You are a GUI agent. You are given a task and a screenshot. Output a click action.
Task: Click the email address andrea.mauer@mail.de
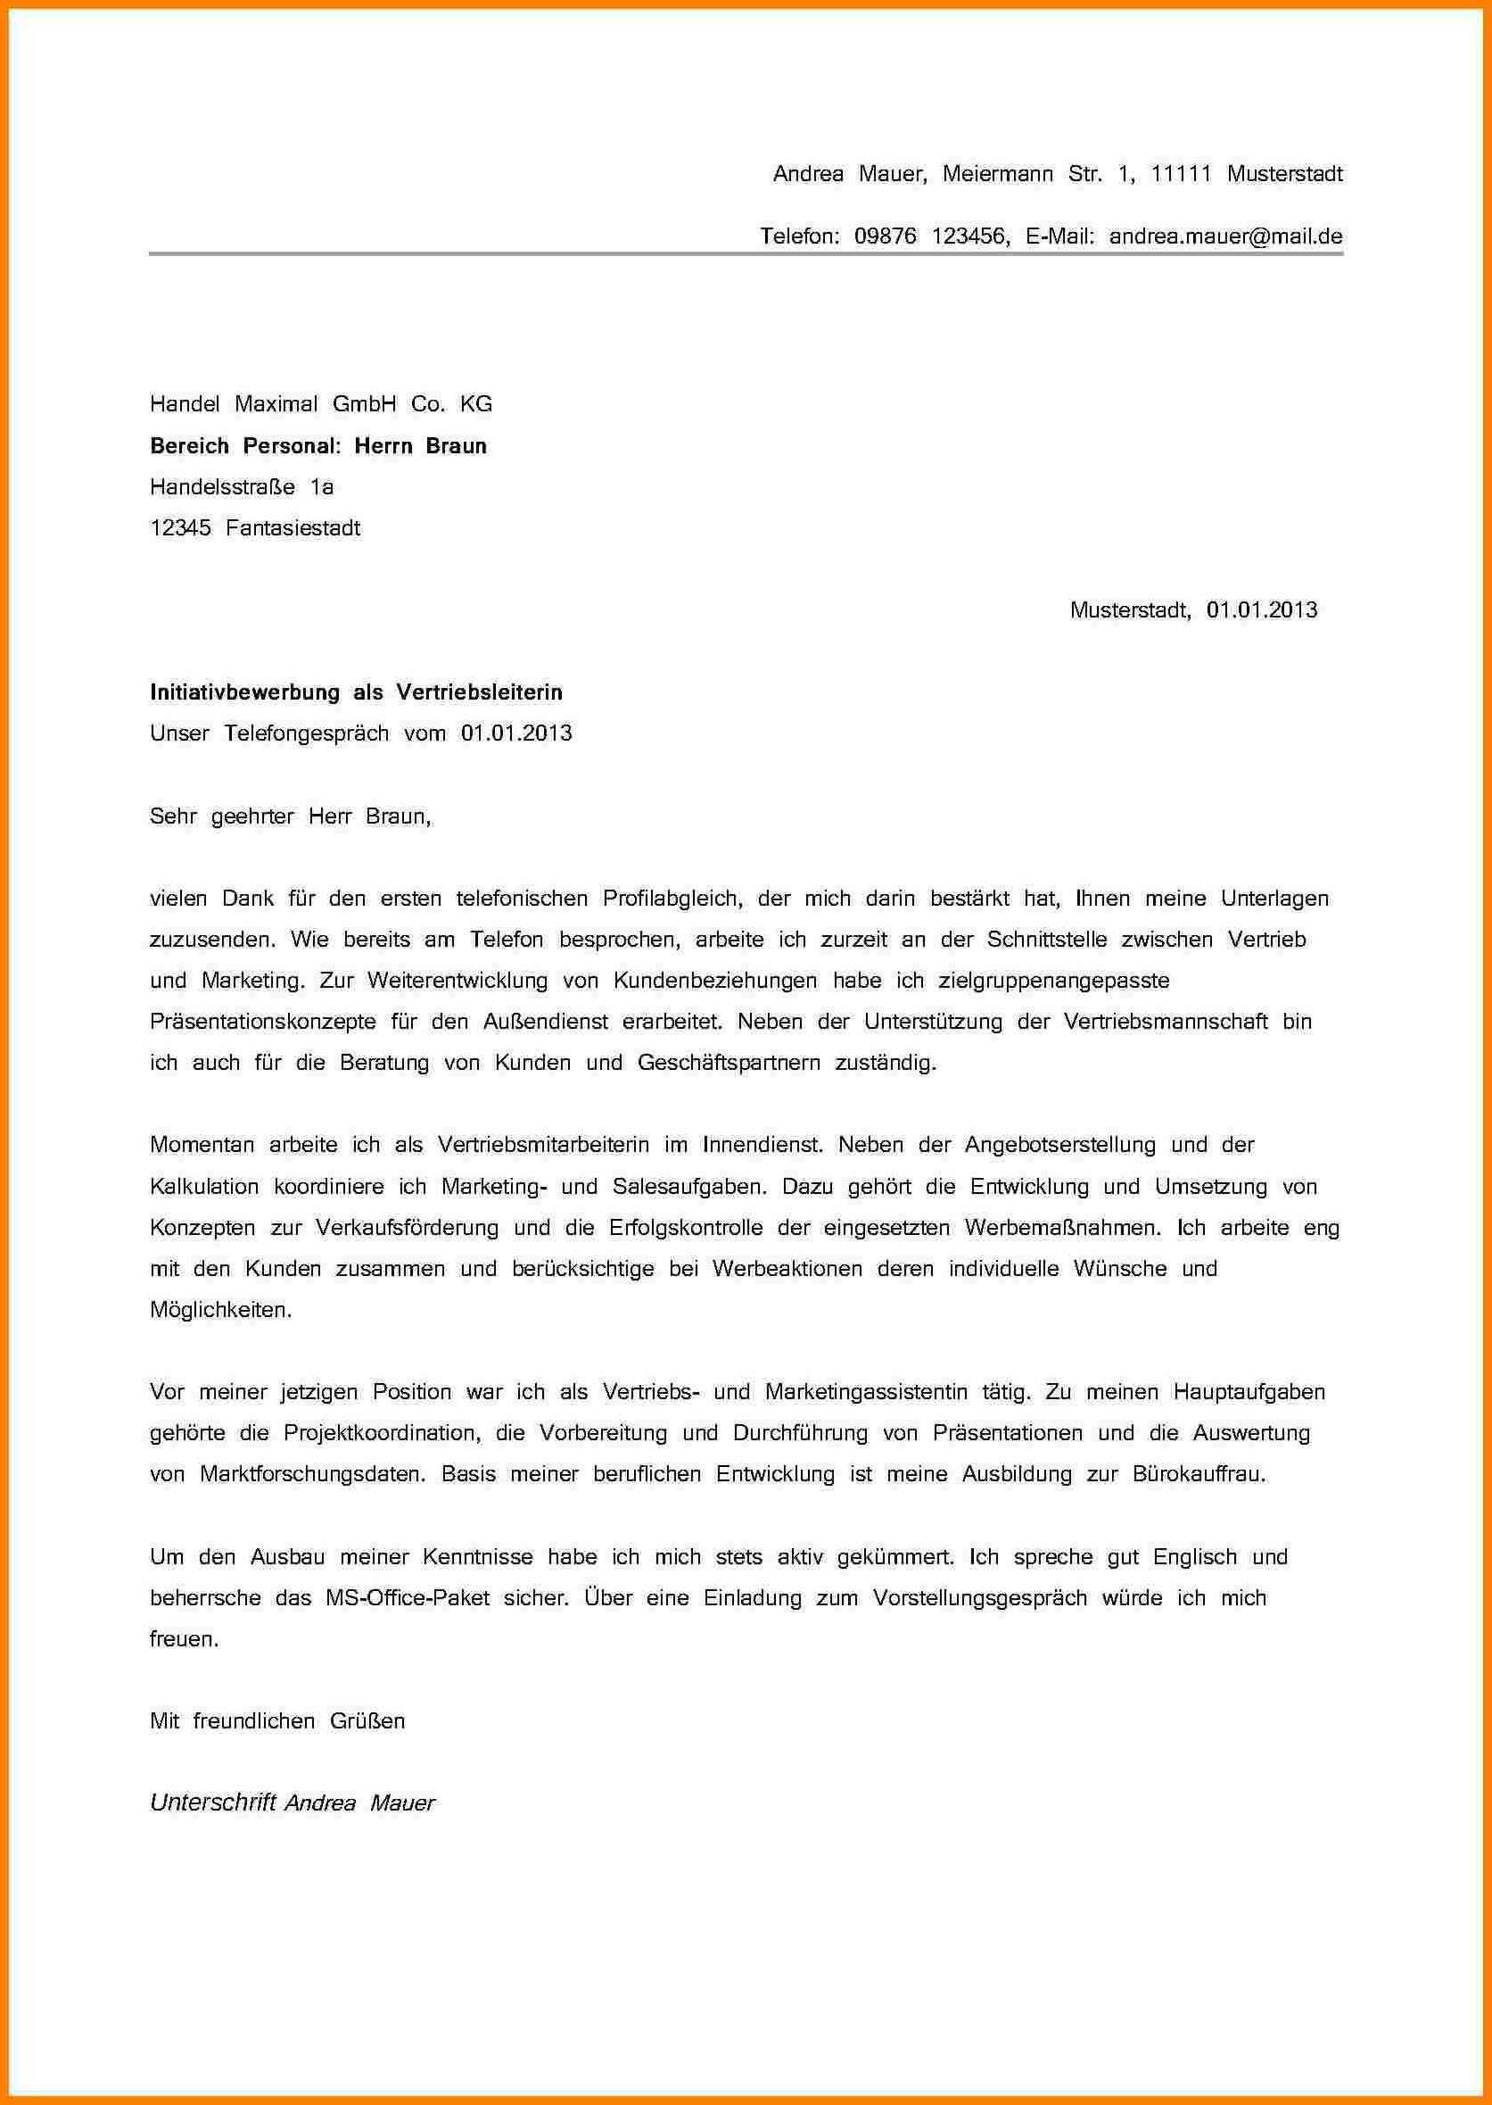[x=1225, y=236]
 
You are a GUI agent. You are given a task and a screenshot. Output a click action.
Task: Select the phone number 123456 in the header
[x=970, y=236]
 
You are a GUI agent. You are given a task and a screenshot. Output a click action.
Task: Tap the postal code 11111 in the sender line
[x=1181, y=174]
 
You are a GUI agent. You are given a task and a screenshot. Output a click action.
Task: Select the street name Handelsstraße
[x=222, y=486]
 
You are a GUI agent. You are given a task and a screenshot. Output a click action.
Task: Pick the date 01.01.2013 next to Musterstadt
[x=1261, y=609]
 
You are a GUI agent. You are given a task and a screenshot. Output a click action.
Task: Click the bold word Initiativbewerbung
[x=244, y=692]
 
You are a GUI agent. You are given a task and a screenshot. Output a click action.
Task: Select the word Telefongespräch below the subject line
[x=306, y=733]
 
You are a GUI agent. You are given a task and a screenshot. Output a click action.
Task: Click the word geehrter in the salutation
[x=251, y=816]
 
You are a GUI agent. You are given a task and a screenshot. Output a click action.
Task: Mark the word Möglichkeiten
[x=220, y=1310]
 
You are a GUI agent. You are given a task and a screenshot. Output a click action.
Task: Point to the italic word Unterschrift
[x=213, y=1803]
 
